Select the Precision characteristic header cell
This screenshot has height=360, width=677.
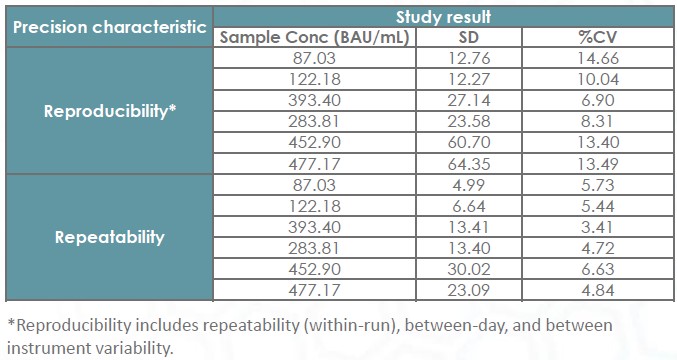pos(109,27)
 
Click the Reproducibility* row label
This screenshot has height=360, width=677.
pos(109,111)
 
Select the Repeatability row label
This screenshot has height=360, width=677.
pos(109,238)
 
